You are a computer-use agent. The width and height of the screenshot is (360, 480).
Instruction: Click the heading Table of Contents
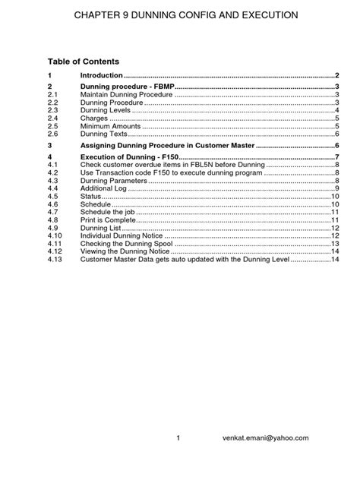click(x=83, y=61)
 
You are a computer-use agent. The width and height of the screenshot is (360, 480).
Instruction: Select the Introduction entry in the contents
click(x=101, y=76)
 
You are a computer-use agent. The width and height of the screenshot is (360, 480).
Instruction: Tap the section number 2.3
click(x=52, y=111)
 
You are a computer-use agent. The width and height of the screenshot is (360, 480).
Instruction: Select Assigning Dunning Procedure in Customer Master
click(x=168, y=145)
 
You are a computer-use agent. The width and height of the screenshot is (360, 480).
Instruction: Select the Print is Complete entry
click(x=109, y=220)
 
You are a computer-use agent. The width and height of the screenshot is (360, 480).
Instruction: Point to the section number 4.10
click(x=53, y=236)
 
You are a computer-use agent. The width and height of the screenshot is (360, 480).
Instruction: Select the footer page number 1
click(x=178, y=438)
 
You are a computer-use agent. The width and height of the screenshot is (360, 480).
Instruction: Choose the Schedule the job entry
click(x=108, y=213)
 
